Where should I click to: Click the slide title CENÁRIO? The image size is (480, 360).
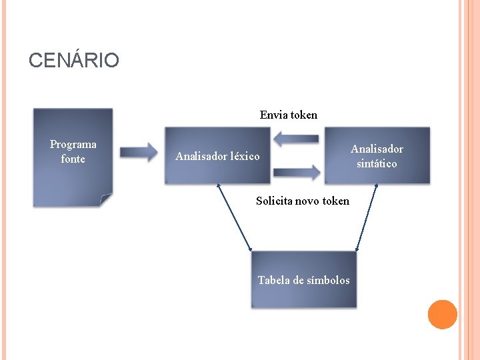pyautogui.click(x=74, y=61)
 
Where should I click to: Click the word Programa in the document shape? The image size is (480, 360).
pyautogui.click(x=73, y=145)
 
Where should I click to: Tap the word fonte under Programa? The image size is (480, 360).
pyautogui.click(x=73, y=159)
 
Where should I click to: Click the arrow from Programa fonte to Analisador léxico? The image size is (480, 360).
pyautogui.click(x=139, y=152)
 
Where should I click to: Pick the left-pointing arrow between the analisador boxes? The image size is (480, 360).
pyautogui.click(x=296, y=139)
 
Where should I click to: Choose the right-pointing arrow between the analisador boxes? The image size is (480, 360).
pyautogui.click(x=297, y=172)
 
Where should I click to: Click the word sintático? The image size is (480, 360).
pyautogui.click(x=377, y=163)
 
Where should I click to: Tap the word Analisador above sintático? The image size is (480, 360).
pyautogui.click(x=377, y=149)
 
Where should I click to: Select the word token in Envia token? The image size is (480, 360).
pyautogui.click(x=304, y=115)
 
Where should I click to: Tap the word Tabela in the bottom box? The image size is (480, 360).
pyautogui.click(x=273, y=280)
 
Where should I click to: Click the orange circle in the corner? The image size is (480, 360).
pyautogui.click(x=442, y=315)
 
